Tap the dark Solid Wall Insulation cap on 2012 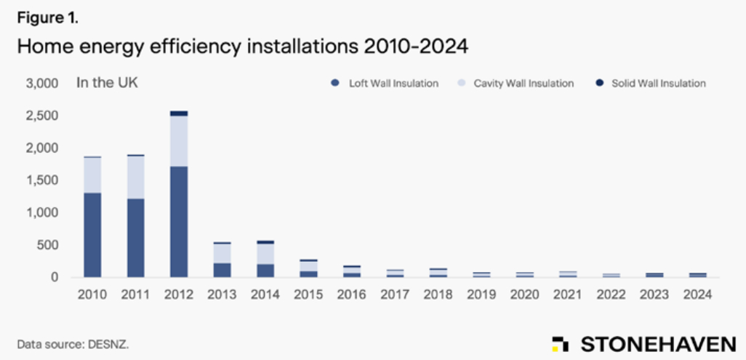click(179, 113)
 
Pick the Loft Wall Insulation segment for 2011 click(136, 237)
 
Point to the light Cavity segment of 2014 click(265, 253)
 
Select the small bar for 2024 click(698, 275)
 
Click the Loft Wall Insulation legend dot click(335, 83)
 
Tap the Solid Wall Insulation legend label click(658, 83)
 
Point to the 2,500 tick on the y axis click(42, 116)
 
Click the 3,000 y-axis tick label click(42, 83)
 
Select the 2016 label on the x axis click(352, 295)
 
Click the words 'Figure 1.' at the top click(47, 18)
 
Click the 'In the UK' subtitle click(107, 82)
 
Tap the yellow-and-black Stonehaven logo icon click(559, 343)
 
